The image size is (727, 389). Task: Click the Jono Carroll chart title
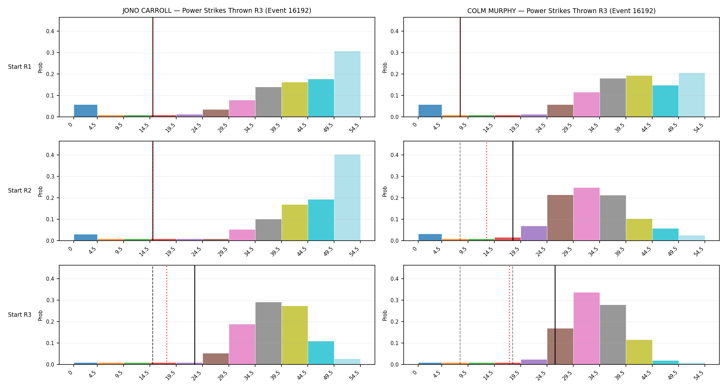pos(217,11)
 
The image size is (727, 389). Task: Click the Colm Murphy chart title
pos(561,11)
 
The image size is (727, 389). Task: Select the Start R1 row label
pos(20,67)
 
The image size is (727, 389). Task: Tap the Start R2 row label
pos(20,191)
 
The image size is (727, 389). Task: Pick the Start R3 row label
pos(20,315)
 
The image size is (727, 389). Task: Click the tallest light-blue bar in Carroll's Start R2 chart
pos(347,197)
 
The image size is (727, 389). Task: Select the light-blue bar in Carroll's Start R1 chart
pos(347,84)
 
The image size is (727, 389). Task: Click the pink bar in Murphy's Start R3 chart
pos(586,328)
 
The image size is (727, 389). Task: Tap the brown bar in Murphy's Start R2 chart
pos(560,218)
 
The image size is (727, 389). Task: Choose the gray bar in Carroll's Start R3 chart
pos(268,333)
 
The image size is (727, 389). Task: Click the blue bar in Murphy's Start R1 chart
pos(430,111)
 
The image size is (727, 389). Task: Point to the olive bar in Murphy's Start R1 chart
pos(639,96)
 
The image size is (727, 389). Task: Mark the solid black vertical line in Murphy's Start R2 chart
pos(513,191)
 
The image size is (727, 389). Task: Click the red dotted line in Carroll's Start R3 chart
pos(167,315)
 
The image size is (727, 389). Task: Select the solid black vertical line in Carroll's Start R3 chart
pos(195,315)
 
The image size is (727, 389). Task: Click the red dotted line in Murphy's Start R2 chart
pos(486,191)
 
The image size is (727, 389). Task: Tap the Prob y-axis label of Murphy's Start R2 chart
pos(385,191)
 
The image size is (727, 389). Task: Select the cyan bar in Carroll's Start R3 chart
pos(321,353)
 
